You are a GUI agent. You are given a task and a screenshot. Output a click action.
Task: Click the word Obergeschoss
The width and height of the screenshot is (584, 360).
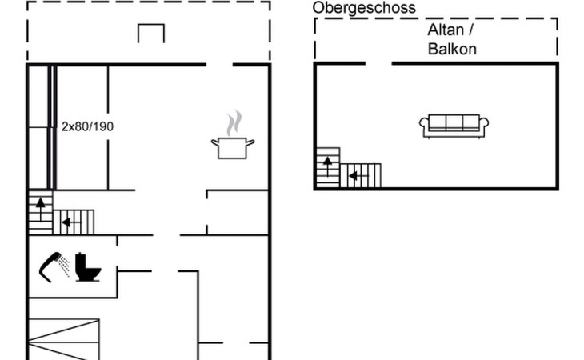[364, 8]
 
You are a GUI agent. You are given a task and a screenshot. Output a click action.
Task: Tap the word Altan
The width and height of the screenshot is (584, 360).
[445, 30]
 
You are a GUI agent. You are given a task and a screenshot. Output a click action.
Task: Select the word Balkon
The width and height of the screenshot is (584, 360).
[452, 49]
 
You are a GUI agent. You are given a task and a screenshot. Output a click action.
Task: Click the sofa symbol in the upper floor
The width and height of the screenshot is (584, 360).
[454, 125]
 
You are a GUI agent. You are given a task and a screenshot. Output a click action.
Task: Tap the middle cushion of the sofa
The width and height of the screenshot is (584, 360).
[454, 122]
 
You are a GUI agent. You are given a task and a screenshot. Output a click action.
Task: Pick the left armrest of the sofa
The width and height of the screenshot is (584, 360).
[424, 125]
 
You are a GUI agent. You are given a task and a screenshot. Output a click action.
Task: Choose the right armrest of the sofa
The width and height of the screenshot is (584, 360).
[484, 125]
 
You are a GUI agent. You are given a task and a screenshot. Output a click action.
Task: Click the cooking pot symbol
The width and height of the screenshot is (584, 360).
[233, 147]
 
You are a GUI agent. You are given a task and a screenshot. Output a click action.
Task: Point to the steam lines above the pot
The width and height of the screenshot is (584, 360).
[232, 124]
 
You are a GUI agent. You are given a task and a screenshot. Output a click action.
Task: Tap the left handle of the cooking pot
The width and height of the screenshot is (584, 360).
[214, 142]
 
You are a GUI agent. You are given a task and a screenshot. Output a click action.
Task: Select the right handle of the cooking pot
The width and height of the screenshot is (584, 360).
[251, 142]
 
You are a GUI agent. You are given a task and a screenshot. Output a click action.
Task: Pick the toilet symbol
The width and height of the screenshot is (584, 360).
[87, 267]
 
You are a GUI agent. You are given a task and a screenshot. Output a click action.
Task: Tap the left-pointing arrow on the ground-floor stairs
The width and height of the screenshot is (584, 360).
[67, 222]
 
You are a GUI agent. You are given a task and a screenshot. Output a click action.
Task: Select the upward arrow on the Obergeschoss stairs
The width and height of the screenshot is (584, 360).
[326, 164]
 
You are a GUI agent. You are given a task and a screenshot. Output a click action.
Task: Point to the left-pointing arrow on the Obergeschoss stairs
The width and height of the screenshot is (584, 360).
[353, 175]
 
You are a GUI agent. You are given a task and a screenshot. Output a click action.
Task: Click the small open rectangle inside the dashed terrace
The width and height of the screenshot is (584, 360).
[151, 34]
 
